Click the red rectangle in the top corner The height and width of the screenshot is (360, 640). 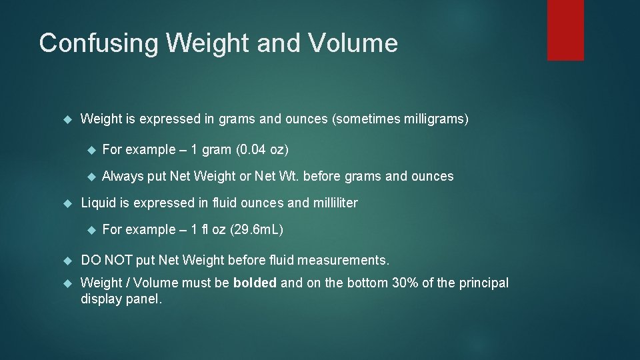(565, 30)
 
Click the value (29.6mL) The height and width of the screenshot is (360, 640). (257, 229)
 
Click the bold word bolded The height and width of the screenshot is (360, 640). (255, 283)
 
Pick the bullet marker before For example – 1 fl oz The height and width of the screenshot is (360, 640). (91, 229)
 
